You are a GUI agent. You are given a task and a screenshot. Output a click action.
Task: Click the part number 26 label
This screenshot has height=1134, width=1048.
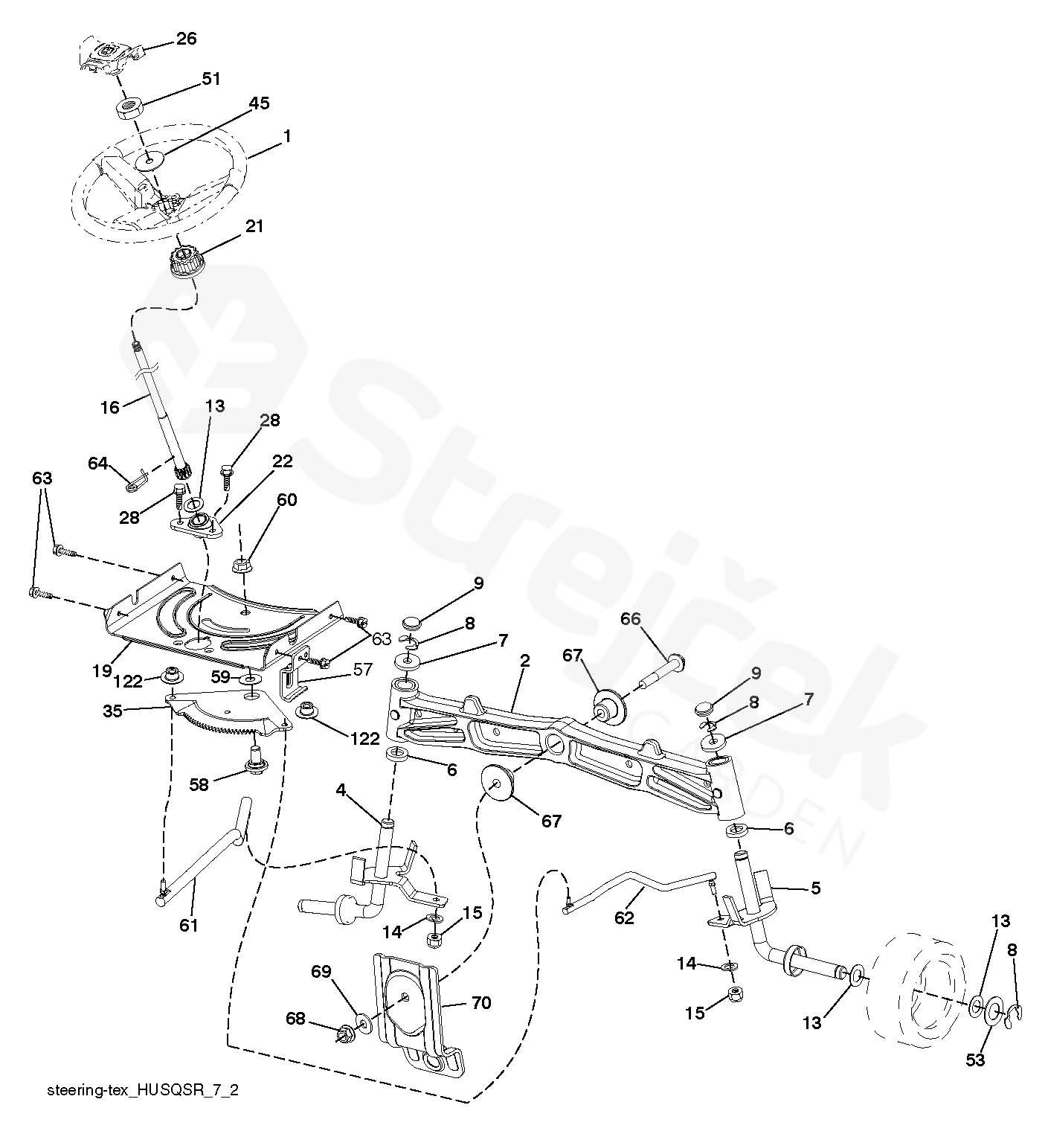coord(186,38)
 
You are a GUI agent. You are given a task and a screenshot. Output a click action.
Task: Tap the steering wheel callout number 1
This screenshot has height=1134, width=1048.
coord(287,137)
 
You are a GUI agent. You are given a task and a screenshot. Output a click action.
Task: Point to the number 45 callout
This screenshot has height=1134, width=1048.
coord(258,103)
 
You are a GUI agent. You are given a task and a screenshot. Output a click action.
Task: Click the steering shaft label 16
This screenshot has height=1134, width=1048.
coord(110,407)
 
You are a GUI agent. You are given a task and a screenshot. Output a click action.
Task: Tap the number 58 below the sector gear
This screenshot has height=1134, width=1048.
coord(199,784)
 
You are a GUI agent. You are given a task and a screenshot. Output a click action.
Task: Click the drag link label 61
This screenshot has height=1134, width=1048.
coord(189,925)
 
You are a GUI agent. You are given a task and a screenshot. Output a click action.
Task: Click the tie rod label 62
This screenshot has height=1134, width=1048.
coord(624,918)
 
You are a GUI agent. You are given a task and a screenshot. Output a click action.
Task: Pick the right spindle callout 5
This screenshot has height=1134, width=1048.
coord(815,888)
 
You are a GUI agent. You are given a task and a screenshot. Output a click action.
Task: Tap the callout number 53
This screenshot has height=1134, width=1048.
coord(974,1060)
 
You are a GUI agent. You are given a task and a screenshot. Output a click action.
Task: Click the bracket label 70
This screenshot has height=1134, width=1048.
coord(481,1003)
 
